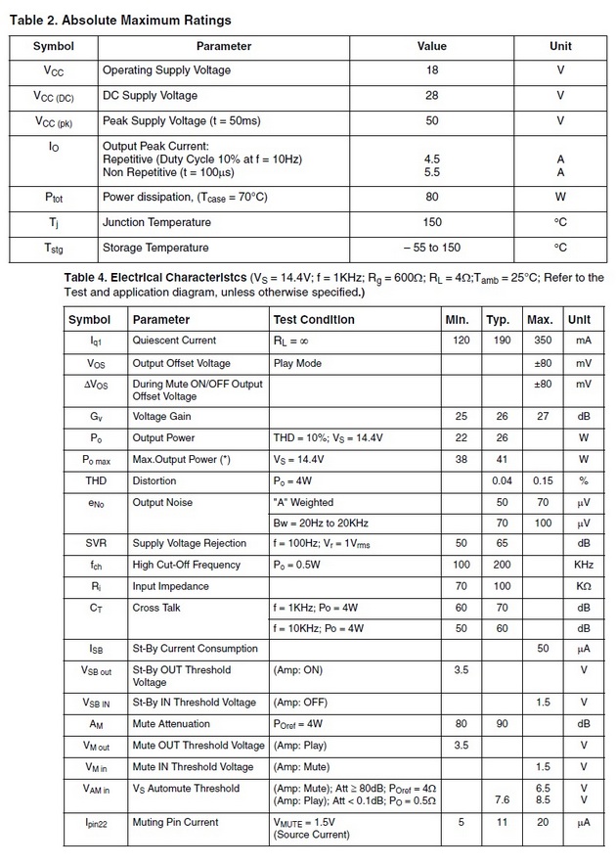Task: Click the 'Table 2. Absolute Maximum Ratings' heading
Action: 121,20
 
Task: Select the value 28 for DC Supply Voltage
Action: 431,96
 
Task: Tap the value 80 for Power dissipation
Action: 431,197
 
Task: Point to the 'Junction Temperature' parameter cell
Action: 156,222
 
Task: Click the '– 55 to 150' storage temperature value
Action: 431,248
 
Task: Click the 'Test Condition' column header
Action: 314,320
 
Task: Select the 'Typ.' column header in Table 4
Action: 499,320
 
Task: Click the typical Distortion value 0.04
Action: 503,481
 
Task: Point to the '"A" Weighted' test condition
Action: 303,503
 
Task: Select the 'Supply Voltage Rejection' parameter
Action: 190,544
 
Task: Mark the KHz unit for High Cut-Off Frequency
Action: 583,566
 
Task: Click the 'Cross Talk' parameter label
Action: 156,609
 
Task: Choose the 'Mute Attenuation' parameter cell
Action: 171,724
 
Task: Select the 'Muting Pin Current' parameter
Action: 175,823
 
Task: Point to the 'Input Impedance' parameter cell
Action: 170,587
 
